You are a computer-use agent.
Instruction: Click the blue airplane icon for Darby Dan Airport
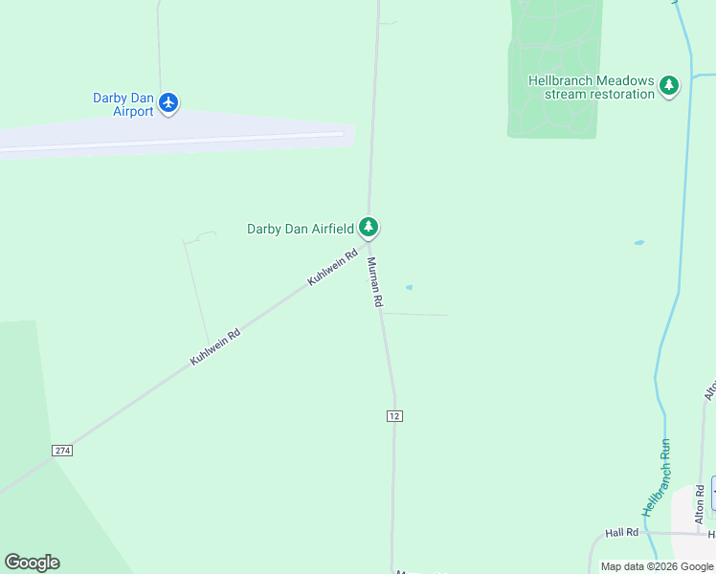point(168,102)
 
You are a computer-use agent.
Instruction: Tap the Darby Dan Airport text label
point(123,104)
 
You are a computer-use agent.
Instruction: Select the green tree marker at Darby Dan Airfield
point(369,228)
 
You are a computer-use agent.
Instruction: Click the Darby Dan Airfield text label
point(300,229)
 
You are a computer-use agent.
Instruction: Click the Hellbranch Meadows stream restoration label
point(591,87)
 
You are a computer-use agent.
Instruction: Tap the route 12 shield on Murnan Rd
point(394,415)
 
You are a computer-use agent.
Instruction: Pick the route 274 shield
point(62,450)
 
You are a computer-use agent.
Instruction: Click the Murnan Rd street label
point(374,283)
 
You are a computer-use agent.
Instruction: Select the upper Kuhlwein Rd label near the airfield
point(332,267)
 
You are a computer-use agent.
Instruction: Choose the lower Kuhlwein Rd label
point(214,346)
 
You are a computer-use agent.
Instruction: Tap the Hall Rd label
point(621,532)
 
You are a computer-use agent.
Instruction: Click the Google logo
point(32,563)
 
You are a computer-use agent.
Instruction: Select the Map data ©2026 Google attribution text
point(656,566)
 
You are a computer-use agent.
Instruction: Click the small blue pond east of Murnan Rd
point(410,287)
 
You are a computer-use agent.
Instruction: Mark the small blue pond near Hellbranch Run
point(638,243)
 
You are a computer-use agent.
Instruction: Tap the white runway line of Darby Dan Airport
point(172,142)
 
